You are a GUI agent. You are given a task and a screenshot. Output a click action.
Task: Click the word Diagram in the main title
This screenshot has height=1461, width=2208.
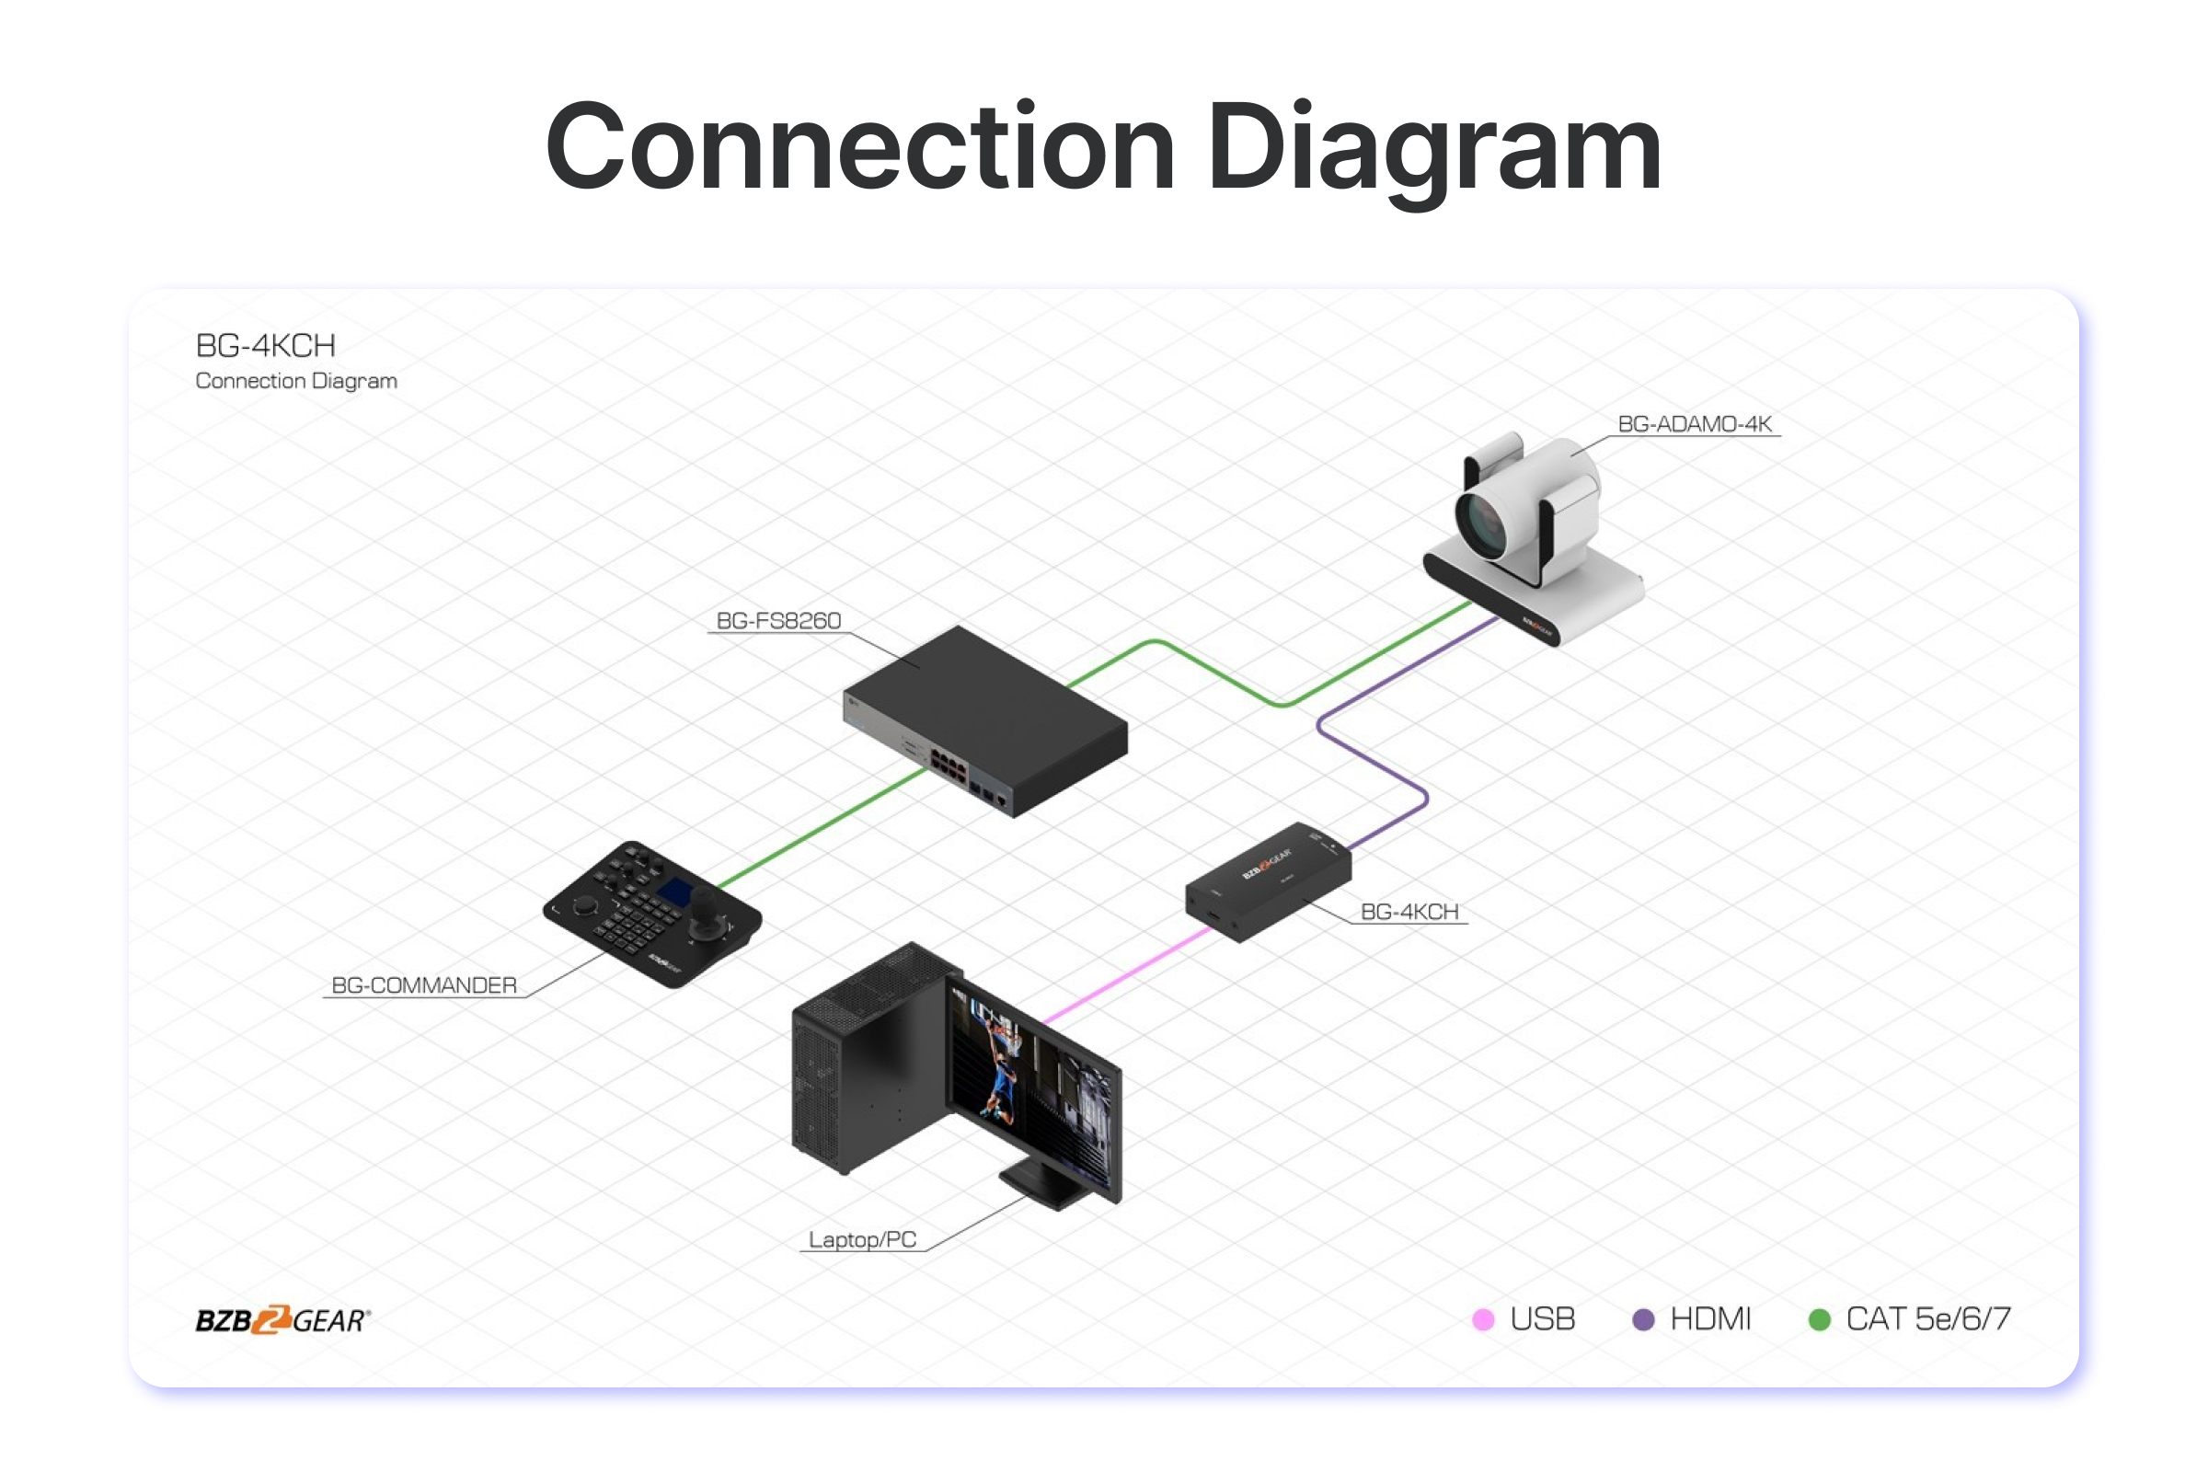(x=1433, y=149)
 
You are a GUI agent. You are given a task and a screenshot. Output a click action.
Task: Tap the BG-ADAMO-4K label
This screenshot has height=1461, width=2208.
(x=1694, y=424)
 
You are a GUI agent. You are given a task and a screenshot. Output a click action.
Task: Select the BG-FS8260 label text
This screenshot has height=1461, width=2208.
(x=778, y=620)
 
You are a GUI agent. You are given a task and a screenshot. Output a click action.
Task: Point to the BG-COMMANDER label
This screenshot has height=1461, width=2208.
(x=424, y=985)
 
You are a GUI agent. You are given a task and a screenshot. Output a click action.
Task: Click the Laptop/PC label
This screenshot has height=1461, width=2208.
(x=862, y=1239)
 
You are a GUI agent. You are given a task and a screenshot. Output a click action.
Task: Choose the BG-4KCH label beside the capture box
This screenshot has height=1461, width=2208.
(x=1409, y=911)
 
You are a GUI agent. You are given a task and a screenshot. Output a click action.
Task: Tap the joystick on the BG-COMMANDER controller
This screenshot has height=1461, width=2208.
(x=706, y=903)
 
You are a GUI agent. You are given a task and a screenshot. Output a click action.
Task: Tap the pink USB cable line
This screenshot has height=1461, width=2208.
(x=1127, y=974)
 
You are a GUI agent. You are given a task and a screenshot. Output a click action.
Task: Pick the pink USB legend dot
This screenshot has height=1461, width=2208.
(x=1482, y=1319)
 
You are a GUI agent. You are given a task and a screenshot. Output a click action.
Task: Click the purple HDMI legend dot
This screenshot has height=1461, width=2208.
(x=1643, y=1319)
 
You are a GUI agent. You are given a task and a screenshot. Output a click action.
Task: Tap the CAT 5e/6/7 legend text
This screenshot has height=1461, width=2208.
(x=1927, y=1319)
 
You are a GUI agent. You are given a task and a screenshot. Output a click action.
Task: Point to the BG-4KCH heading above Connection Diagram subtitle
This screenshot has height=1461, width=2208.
(x=266, y=346)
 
